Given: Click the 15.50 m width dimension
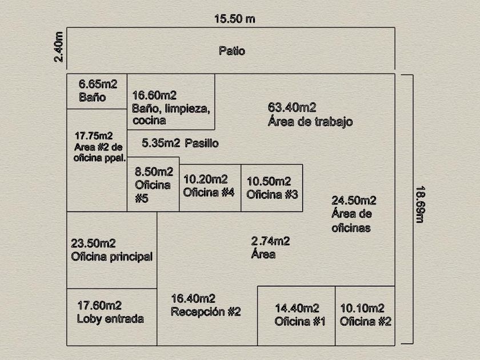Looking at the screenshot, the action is click(x=235, y=19).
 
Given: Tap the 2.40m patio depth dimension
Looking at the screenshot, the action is click(x=58, y=47).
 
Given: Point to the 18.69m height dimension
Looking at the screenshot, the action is click(x=420, y=204).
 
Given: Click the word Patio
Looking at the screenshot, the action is click(x=232, y=51).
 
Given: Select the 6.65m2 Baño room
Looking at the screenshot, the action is click(x=97, y=91).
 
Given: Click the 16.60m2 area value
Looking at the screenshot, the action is click(x=154, y=95).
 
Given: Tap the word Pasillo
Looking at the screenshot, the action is click(x=202, y=143).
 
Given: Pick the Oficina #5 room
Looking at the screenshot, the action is click(x=153, y=184).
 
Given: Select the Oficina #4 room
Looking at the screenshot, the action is click(x=210, y=188).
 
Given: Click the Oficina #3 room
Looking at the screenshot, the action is click(x=272, y=188).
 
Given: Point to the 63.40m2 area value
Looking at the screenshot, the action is click(x=292, y=107).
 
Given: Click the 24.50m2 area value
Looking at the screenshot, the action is click(x=354, y=201).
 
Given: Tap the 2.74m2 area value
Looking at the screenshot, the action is click(x=270, y=241).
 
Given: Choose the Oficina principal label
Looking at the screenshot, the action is click(x=112, y=257).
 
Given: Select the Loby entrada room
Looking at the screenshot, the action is click(x=112, y=317).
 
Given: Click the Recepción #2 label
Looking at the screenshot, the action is click(x=206, y=311).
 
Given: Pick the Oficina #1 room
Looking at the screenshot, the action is click(x=297, y=316).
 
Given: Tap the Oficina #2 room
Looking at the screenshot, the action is click(x=365, y=316).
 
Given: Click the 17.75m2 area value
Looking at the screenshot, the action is click(x=94, y=135).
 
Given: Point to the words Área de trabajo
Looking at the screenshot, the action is click(x=310, y=122).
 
